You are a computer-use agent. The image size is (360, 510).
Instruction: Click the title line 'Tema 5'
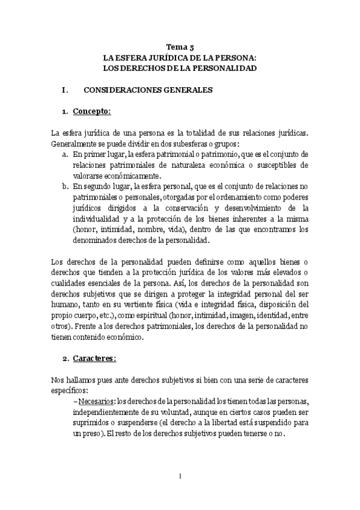tap(180, 46)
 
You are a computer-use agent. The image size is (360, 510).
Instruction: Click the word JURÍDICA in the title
tap(163, 58)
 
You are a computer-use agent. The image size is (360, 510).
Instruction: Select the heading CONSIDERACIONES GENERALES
tap(148, 90)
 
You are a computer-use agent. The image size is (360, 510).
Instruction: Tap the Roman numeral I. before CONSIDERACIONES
tap(65, 90)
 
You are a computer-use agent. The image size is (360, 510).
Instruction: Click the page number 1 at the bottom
tap(180, 476)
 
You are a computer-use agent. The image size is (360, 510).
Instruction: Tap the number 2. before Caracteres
tap(65, 358)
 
